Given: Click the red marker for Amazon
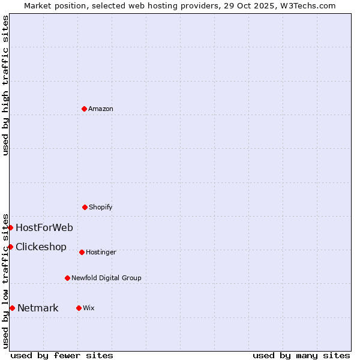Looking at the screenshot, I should (x=84, y=109).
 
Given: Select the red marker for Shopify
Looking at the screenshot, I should (x=85, y=207).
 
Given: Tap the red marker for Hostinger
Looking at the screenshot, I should (x=82, y=252).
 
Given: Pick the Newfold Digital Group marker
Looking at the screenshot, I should (x=67, y=278).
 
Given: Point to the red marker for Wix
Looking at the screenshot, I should (x=79, y=308).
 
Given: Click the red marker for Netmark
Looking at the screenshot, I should (x=12, y=308).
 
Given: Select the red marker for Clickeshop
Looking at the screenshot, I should (x=10, y=247).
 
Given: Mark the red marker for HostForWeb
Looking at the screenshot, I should (x=10, y=227).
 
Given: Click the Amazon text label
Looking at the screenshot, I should (x=101, y=109).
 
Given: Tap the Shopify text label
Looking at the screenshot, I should (x=101, y=207).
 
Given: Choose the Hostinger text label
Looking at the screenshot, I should (x=101, y=252).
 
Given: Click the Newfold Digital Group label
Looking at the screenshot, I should (x=106, y=278).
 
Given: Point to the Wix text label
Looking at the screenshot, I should (x=89, y=308).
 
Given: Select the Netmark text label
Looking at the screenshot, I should (x=38, y=308).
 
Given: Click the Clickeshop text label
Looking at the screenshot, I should (x=41, y=247).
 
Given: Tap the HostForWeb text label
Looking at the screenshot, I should (x=44, y=227).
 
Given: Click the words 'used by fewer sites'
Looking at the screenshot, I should (x=62, y=355).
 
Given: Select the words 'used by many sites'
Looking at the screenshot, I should (x=301, y=355).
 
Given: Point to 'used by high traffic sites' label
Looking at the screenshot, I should (x=5, y=85).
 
